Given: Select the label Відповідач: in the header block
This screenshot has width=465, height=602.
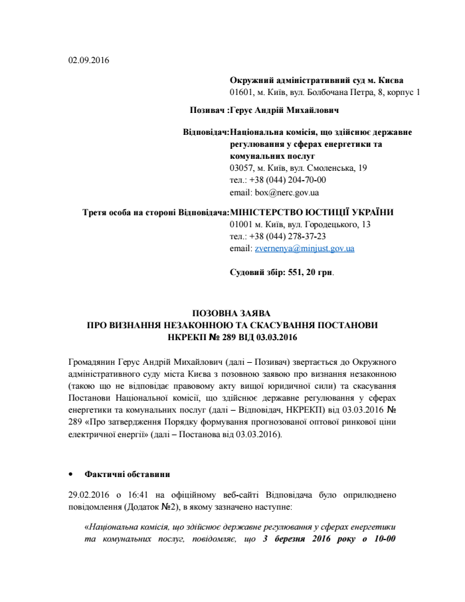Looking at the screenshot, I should pos(206,132).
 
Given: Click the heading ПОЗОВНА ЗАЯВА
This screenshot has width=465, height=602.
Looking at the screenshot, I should pos(232,314).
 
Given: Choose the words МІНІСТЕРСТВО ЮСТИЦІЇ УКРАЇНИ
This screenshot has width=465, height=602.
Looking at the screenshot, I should pos(312,212).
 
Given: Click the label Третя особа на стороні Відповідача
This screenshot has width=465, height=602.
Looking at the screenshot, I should pos(155,212).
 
